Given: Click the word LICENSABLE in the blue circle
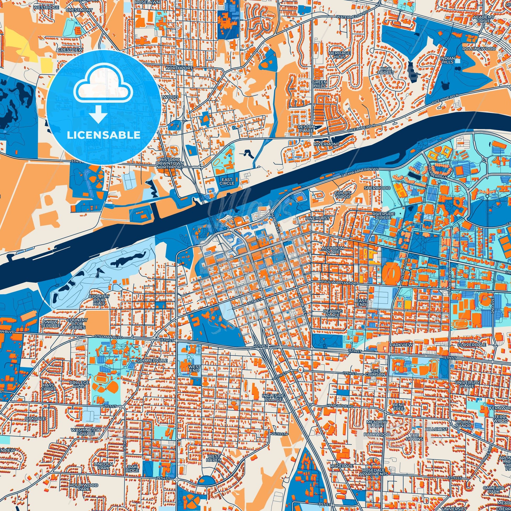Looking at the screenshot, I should (x=103, y=135).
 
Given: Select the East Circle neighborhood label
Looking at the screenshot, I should (x=227, y=181).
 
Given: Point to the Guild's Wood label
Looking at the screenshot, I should (x=342, y=195).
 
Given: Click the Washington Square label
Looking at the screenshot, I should (x=86, y=432).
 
